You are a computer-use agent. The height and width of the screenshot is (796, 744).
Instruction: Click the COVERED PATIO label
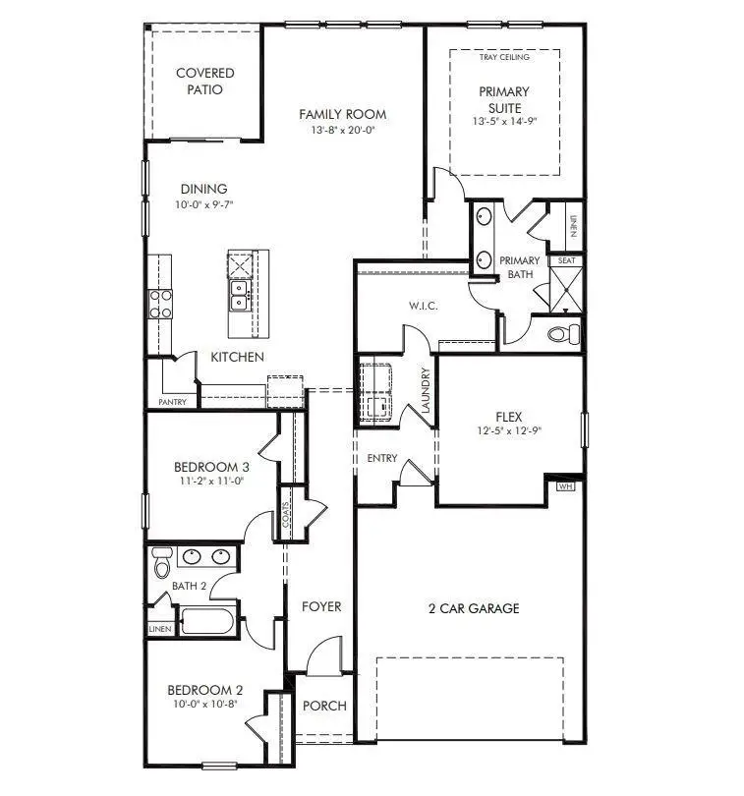[x=204, y=82]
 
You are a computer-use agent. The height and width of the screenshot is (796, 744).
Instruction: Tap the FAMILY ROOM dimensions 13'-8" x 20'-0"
[x=343, y=130]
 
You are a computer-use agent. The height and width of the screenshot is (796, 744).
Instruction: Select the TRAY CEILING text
[x=504, y=58]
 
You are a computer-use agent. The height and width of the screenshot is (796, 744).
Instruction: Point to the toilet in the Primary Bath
[x=562, y=334]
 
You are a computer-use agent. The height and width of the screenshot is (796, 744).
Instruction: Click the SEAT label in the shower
[x=566, y=261]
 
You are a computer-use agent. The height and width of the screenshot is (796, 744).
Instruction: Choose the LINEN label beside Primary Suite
[x=571, y=227]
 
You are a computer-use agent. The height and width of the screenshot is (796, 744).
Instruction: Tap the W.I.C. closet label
[x=423, y=307]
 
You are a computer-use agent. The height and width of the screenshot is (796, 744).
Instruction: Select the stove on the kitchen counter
[x=159, y=304]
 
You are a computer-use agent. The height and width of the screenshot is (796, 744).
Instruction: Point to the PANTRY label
[x=172, y=402]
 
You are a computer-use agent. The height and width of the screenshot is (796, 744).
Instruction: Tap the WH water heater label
[x=565, y=485]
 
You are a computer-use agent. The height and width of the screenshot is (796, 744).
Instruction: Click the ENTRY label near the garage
[x=382, y=459]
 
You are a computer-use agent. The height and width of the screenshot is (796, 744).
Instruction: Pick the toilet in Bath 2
[x=162, y=564]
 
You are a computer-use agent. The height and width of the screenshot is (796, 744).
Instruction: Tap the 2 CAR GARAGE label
[x=474, y=608]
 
